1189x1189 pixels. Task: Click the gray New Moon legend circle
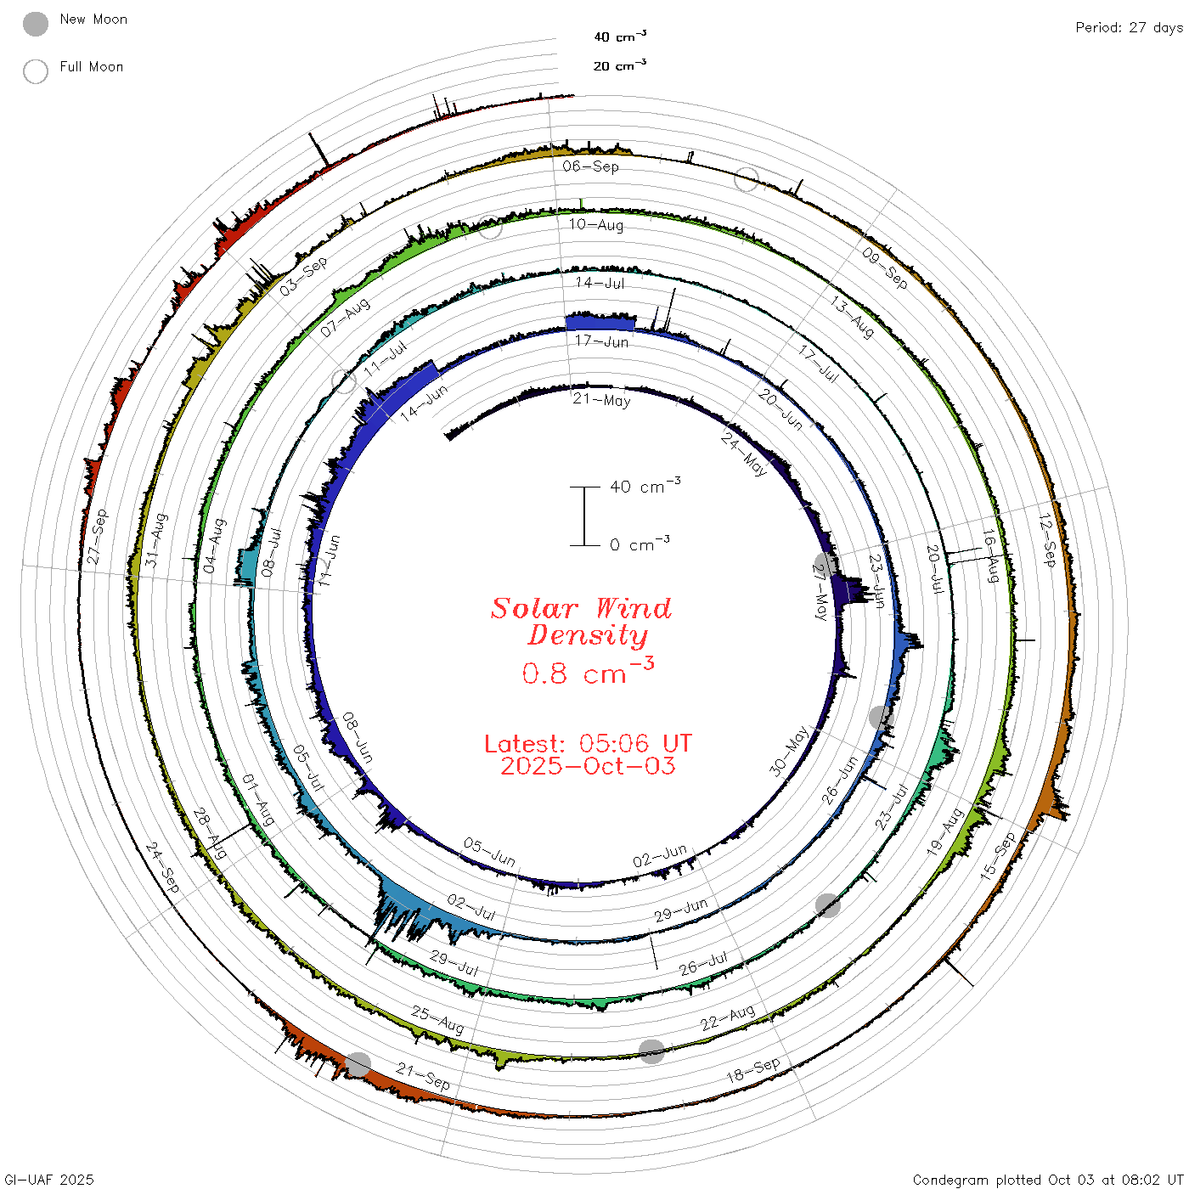pos(35,24)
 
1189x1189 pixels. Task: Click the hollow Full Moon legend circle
pos(35,71)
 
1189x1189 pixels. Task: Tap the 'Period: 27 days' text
pos(1129,28)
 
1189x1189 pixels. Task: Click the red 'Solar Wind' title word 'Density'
pos(587,635)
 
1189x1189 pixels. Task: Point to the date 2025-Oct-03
pos(588,766)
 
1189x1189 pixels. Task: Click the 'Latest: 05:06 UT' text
pos(588,743)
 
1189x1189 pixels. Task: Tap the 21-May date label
pos(601,399)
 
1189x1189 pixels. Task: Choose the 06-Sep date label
pos(590,166)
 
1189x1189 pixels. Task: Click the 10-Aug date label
pos(595,224)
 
